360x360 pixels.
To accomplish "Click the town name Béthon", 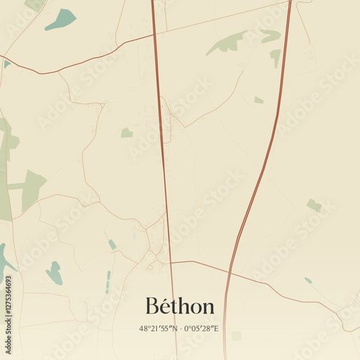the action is (x=180, y=306).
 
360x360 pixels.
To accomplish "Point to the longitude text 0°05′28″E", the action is (x=202, y=328).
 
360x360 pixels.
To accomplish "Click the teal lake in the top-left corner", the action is (x=61, y=19).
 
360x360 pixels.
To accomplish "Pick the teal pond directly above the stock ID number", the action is (x=54, y=272).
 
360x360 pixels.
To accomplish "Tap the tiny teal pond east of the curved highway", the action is (x=308, y=280).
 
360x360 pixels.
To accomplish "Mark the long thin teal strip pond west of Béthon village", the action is (x=108, y=282).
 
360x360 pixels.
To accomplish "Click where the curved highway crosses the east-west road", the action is (x=230, y=268).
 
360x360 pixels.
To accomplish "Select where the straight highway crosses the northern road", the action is (x=153, y=34).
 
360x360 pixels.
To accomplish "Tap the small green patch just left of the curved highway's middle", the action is (x=258, y=100).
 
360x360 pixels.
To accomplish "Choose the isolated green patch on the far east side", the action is (x=314, y=205).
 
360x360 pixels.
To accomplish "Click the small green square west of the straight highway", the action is (x=127, y=132).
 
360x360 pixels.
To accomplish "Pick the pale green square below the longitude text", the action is (x=236, y=336).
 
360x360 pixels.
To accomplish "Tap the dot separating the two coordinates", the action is (x=179, y=328).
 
